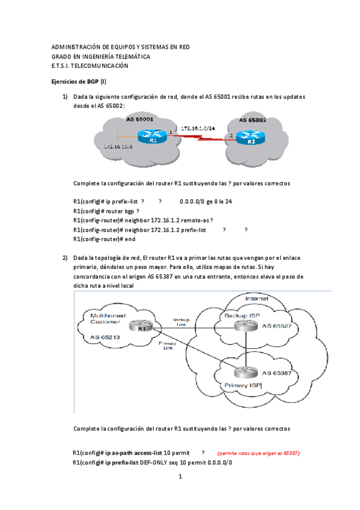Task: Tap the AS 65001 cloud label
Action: [139, 120]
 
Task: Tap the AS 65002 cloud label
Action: [252, 120]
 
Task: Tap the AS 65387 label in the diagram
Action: [278, 373]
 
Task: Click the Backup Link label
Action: [180, 322]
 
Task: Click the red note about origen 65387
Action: [258, 453]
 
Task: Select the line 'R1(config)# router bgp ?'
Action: [106, 211]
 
